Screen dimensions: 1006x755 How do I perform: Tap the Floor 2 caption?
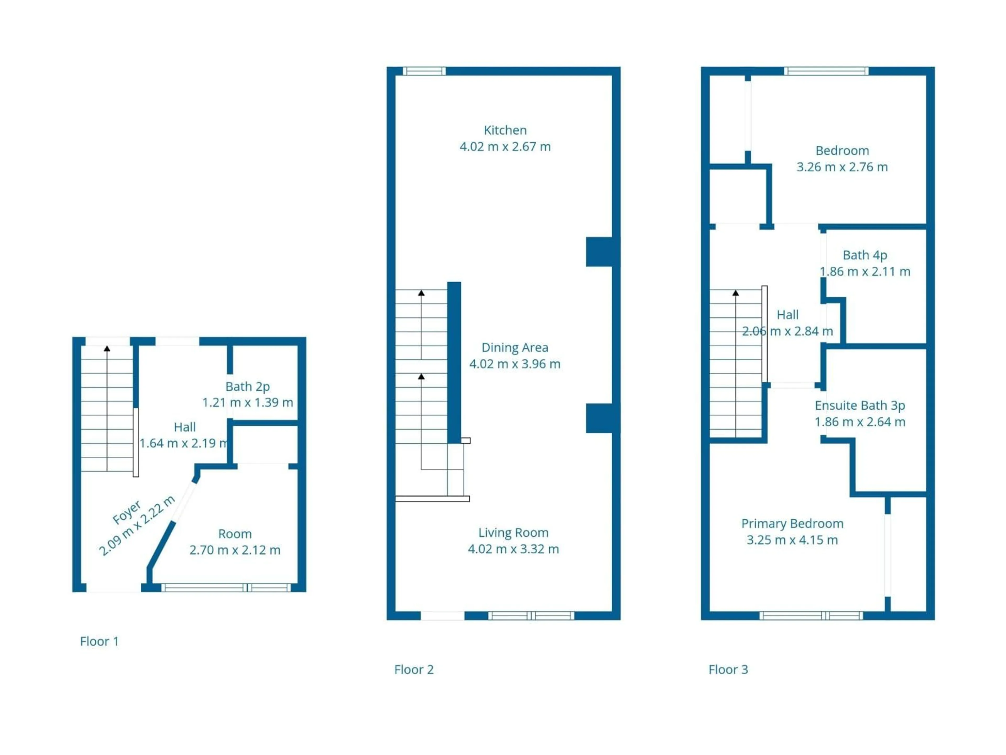click(x=414, y=670)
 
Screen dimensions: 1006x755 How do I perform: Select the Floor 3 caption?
click(x=728, y=670)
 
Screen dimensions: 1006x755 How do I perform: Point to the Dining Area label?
click(x=515, y=347)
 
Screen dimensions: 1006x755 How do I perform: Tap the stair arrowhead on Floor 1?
click(x=107, y=349)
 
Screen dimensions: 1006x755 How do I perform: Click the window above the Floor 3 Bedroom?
click(x=826, y=71)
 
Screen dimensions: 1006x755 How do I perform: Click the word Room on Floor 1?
click(x=235, y=534)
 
